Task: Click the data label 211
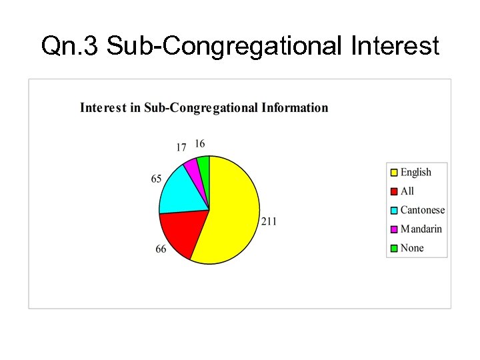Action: click(x=269, y=221)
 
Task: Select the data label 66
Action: click(x=161, y=249)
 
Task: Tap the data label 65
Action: click(x=156, y=179)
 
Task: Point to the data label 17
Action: click(x=181, y=147)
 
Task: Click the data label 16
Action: click(x=200, y=143)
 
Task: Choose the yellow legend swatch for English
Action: click(x=394, y=173)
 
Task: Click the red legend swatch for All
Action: click(x=394, y=191)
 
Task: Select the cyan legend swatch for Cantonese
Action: click(x=394, y=210)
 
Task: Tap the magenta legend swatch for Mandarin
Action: click(x=394, y=229)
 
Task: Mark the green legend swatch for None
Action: click(x=394, y=248)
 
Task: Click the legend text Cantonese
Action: click(x=423, y=210)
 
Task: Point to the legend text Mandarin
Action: click(x=421, y=229)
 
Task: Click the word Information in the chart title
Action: click(x=295, y=107)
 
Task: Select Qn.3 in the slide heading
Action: click(x=70, y=47)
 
